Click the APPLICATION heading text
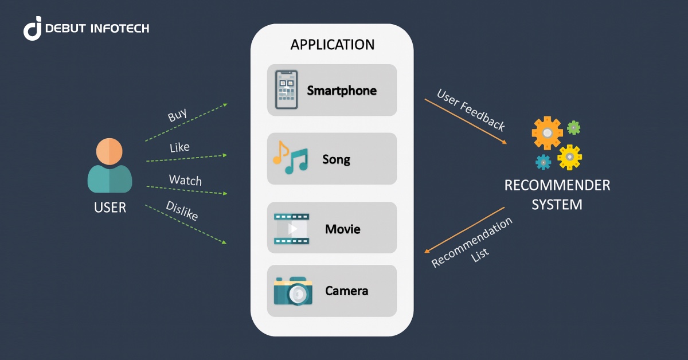[x=332, y=45]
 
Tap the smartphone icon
[x=287, y=90]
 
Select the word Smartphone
[x=342, y=91]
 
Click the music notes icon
[x=290, y=158]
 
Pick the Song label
[x=336, y=159]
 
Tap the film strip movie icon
[x=291, y=228]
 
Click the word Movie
[x=342, y=229]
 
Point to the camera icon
[x=293, y=291]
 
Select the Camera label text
[x=346, y=291]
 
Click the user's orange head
[x=109, y=151]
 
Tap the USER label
[x=110, y=208]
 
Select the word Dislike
[x=182, y=211]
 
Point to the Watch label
[x=185, y=180]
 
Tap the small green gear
[x=573, y=127]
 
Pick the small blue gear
[x=543, y=162]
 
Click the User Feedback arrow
[x=465, y=121]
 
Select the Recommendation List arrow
[x=464, y=229]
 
